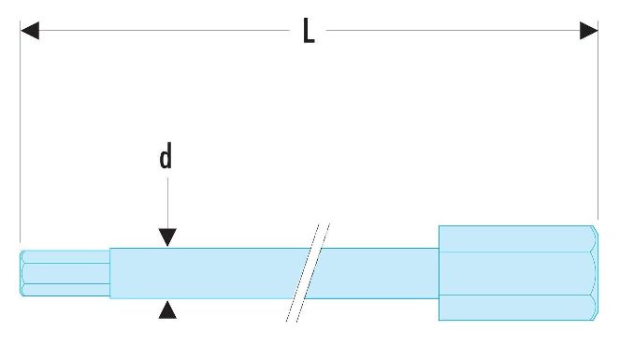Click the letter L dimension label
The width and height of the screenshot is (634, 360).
pos(309,31)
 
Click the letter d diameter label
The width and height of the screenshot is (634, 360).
pos(166,156)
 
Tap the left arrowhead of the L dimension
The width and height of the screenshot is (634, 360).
pos(30,31)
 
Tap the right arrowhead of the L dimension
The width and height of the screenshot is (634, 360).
pos(589,31)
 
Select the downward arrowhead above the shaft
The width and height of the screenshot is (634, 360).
pos(167,237)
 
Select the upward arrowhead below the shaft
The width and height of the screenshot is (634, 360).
pos(167,310)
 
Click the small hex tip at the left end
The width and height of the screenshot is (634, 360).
pos(65,273)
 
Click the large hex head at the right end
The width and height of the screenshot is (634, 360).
pos(518,273)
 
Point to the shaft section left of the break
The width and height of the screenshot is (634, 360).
pos(207,273)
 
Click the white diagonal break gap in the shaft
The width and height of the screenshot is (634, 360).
pos(308,273)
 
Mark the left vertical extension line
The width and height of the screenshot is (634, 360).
pos(21,132)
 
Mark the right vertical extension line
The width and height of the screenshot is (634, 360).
pos(598,120)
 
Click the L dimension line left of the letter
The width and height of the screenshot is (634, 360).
pos(165,30)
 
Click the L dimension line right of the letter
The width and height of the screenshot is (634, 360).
pos(453,30)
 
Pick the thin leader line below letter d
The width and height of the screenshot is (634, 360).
pos(167,203)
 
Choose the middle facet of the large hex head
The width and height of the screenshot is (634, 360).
pos(517,273)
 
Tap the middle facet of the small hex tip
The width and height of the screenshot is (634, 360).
pos(66,273)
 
